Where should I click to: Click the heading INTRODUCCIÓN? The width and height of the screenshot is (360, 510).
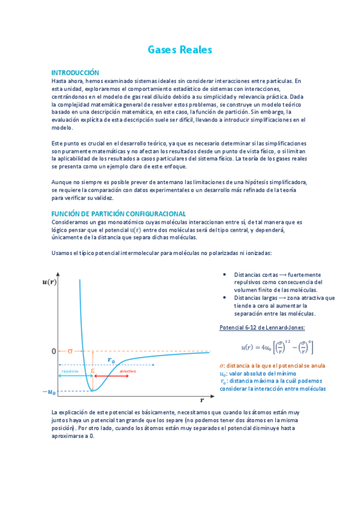pyautogui.click(x=75, y=72)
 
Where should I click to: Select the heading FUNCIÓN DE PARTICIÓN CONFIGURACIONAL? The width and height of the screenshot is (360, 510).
pyautogui.click(x=118, y=214)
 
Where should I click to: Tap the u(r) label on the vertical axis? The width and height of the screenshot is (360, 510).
pyautogui.click(x=50, y=281)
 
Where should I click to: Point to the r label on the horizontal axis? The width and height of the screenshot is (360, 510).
pyautogui.click(x=202, y=399)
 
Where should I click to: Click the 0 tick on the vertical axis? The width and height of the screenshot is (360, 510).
pyautogui.click(x=53, y=351)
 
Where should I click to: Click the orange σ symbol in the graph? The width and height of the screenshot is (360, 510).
pyautogui.click(x=69, y=351)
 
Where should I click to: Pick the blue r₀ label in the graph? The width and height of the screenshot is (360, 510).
pyautogui.click(x=112, y=360)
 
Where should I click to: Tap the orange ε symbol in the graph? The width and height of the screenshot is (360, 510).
pyautogui.click(x=92, y=371)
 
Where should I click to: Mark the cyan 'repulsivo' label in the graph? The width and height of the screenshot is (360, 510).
pyautogui.click(x=70, y=371)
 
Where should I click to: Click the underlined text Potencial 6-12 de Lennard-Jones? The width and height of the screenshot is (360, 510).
pyautogui.click(x=263, y=327)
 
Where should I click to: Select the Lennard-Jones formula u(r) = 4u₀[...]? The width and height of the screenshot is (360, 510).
pyautogui.click(x=277, y=347)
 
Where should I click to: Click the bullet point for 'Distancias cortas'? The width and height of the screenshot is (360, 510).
pyautogui.click(x=225, y=274)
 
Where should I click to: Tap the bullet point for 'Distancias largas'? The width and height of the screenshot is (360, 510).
pyautogui.click(x=225, y=297)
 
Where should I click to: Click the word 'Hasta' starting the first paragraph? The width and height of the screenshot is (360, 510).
pyautogui.click(x=59, y=80)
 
